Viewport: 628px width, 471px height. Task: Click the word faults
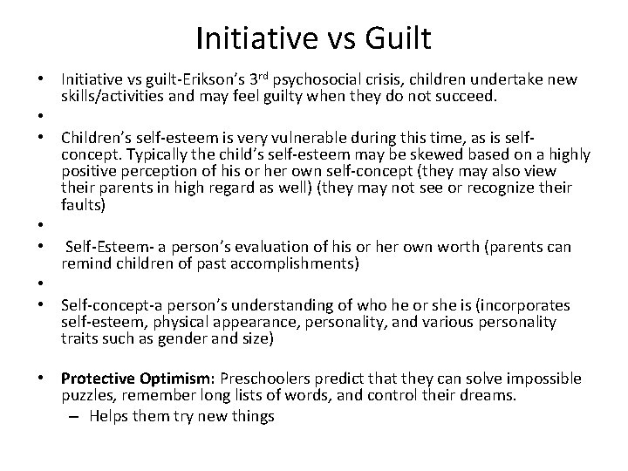[82, 205]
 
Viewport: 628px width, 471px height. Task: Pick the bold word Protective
[95, 379]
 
